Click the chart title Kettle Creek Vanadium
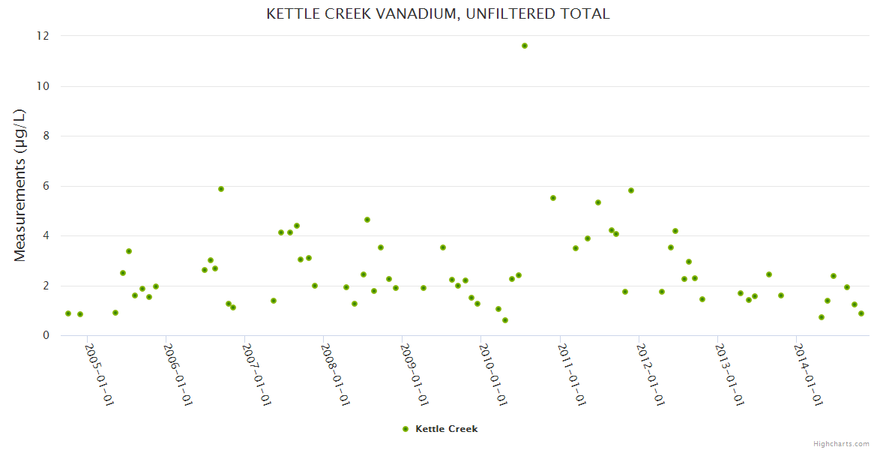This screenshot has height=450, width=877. pyautogui.click(x=438, y=14)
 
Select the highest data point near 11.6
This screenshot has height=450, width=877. pyautogui.click(x=525, y=46)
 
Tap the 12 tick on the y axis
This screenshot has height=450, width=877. pyautogui.click(x=43, y=36)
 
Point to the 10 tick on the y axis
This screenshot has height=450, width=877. pyautogui.click(x=43, y=86)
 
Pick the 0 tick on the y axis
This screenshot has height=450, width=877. pyautogui.click(x=46, y=335)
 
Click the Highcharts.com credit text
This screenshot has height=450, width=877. pyautogui.click(x=841, y=443)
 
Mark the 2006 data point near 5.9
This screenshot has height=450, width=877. pyautogui.click(x=221, y=189)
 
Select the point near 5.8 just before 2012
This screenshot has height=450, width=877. pyautogui.click(x=631, y=190)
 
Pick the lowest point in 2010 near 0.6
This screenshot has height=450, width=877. pyautogui.click(x=505, y=320)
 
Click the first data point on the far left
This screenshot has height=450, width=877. pyautogui.click(x=68, y=313)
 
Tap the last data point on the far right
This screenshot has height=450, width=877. pyautogui.click(x=861, y=313)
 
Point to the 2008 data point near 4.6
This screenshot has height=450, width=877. pyautogui.click(x=367, y=220)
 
